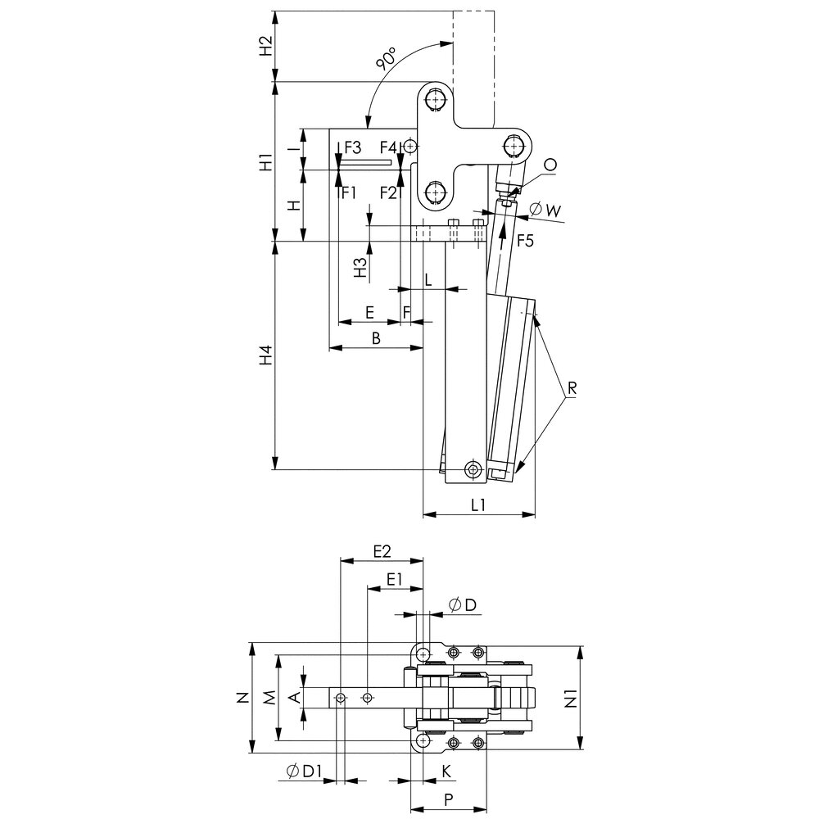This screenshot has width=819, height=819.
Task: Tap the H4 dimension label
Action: (264, 357)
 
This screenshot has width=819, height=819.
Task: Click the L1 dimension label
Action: (479, 505)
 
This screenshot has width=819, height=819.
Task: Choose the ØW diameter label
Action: (545, 210)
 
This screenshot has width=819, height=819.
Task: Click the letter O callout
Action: (550, 165)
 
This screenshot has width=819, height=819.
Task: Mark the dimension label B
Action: (375, 337)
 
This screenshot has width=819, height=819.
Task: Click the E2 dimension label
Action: (382, 551)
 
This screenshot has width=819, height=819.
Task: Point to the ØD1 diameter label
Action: (304, 771)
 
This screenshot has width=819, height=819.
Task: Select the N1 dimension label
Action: (595, 699)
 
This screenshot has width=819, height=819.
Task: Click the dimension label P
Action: (447, 798)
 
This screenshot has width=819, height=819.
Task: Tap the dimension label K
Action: (446, 771)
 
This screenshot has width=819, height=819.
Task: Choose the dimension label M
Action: (268, 698)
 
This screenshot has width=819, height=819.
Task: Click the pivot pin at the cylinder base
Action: (473, 469)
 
